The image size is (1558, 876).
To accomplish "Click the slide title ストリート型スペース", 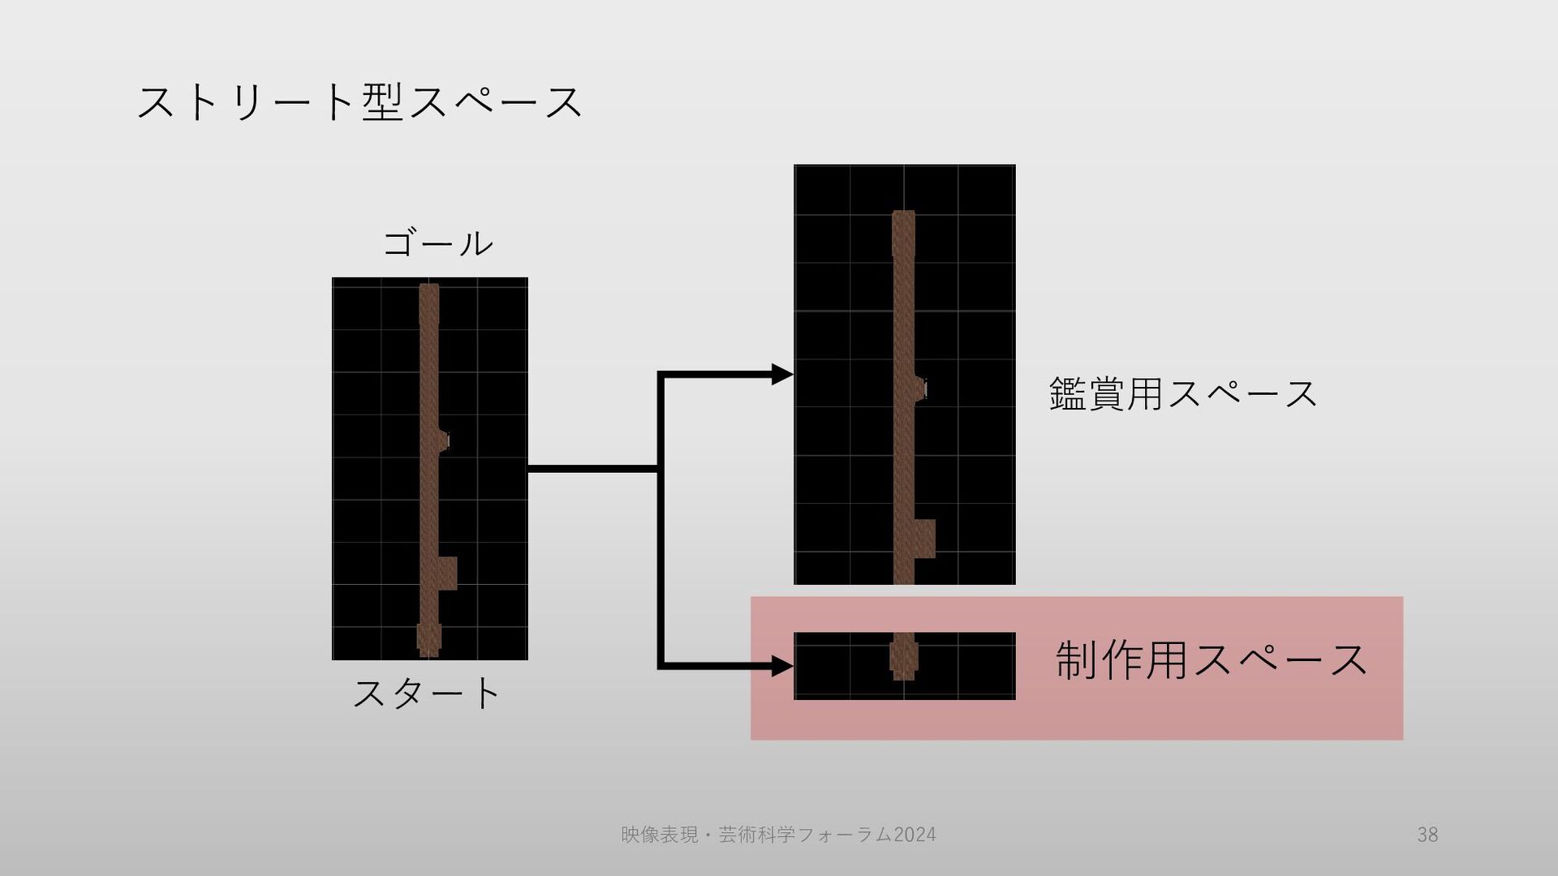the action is click(359, 104).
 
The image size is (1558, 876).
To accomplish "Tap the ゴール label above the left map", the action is click(437, 243).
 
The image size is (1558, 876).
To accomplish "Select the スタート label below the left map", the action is click(427, 693).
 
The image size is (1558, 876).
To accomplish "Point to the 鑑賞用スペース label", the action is click(1182, 394).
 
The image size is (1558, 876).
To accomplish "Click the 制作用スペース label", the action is click(1211, 659).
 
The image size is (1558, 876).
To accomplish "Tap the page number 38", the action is click(1427, 835).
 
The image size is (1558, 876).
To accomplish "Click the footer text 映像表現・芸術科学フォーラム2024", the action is click(777, 835).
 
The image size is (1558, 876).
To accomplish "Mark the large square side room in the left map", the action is click(447, 573).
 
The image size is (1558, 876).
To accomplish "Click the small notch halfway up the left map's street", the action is click(444, 440).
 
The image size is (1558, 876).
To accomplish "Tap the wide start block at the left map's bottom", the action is click(428, 638).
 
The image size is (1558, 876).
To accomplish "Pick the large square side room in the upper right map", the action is click(924, 539).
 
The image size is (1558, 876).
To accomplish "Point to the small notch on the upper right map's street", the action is click(921, 389).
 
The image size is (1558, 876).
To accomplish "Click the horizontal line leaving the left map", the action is click(592, 469).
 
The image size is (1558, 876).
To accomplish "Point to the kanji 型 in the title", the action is click(382, 104).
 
